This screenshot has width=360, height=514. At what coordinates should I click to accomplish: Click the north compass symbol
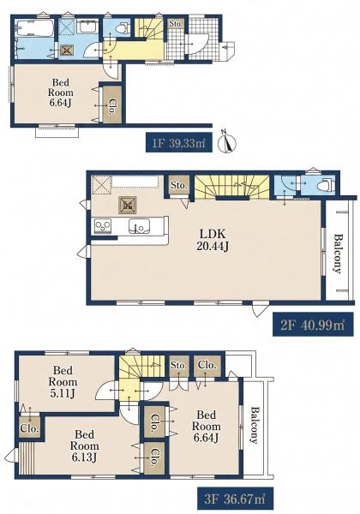(227, 141)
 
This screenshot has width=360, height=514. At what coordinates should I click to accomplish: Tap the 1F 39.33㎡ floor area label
(178, 142)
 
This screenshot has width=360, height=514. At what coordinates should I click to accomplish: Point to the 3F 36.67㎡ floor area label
(235, 499)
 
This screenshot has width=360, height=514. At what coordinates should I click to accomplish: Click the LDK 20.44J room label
(213, 240)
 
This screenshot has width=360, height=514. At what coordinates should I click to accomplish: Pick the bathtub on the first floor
(35, 28)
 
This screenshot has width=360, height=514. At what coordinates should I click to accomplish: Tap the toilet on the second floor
(327, 184)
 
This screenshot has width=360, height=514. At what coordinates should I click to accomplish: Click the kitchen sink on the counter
(140, 225)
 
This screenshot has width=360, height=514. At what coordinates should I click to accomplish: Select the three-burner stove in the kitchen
(103, 226)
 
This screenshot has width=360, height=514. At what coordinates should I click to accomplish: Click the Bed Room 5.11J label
(63, 381)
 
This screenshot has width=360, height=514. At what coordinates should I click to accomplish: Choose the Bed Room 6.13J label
(84, 445)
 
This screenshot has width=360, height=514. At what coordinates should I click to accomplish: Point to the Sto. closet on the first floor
(176, 24)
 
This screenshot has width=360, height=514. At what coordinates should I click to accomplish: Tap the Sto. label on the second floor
(178, 185)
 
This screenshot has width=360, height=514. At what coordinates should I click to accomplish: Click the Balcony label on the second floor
(338, 253)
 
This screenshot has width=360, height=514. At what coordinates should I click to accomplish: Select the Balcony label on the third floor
(255, 425)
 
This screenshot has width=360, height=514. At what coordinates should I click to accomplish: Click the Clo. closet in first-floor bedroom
(111, 105)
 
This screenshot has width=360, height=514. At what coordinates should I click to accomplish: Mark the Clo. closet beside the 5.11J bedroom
(29, 427)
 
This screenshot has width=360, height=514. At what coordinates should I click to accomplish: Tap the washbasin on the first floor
(87, 27)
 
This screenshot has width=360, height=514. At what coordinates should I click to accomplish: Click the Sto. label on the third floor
(178, 365)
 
